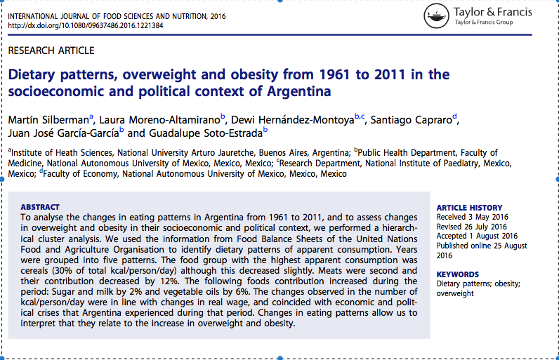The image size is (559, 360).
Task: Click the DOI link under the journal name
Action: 86,26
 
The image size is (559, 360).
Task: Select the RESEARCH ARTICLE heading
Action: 51,51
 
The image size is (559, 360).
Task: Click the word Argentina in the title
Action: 298,91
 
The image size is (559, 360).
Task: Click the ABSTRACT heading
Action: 40,207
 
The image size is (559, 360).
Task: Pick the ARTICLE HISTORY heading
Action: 469,208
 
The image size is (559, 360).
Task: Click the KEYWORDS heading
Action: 457,274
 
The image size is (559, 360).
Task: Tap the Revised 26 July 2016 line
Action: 471,227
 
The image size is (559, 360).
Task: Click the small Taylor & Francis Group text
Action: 484,22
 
